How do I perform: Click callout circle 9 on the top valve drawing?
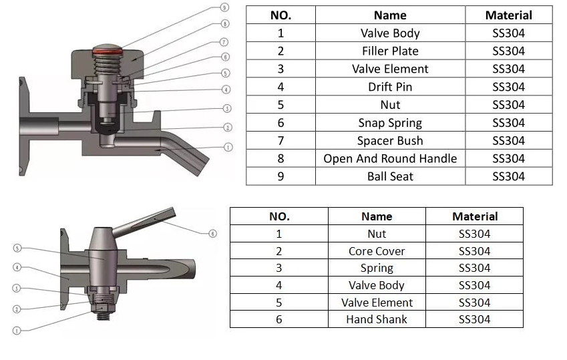[x=224, y=8]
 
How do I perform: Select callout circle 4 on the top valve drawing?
[x=226, y=89]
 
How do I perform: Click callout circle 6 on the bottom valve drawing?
[x=212, y=233]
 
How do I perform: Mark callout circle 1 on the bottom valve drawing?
[x=17, y=330]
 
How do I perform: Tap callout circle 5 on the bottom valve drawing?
[x=17, y=248]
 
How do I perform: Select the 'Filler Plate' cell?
[x=390, y=51]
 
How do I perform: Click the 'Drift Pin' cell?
[x=390, y=87]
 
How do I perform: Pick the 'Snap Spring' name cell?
[x=390, y=123]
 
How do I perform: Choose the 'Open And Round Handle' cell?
[x=390, y=158]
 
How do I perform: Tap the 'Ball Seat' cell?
[x=390, y=176]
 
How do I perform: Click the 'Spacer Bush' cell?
[x=390, y=141]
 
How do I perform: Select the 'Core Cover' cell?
[x=377, y=251]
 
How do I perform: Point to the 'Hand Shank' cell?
[x=377, y=319]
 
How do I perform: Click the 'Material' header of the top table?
[x=508, y=15]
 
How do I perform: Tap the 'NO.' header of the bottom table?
[x=279, y=216]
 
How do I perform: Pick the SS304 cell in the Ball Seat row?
[x=508, y=176]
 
